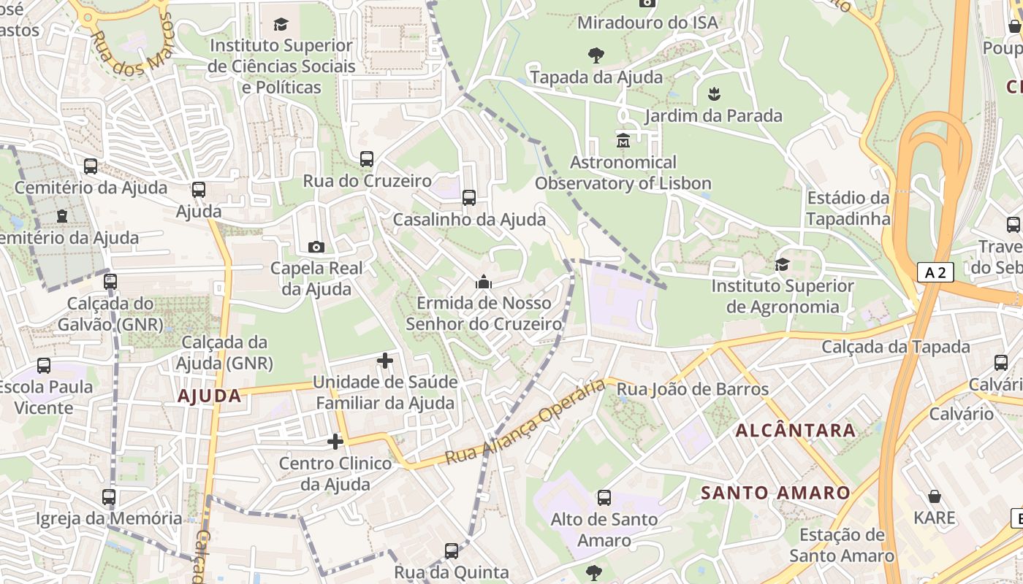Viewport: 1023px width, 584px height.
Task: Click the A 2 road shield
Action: pyautogui.click(x=935, y=273)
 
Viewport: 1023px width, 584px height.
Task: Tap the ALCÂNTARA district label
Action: pyautogui.click(x=795, y=430)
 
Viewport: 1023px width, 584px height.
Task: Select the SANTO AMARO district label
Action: pyautogui.click(x=775, y=493)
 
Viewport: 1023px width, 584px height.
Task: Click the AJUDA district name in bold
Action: pyautogui.click(x=209, y=396)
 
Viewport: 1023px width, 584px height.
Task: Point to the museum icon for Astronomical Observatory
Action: pyautogui.click(x=623, y=139)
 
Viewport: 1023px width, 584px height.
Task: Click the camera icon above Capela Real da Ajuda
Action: pyautogui.click(x=316, y=247)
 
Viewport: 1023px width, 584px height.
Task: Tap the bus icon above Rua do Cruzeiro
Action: pyautogui.click(x=367, y=158)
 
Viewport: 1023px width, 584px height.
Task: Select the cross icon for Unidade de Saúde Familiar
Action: pyautogui.click(x=385, y=360)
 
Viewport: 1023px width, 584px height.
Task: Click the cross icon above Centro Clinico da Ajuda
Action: pyautogui.click(x=335, y=441)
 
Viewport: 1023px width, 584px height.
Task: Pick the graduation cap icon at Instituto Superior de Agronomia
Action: pyautogui.click(x=783, y=264)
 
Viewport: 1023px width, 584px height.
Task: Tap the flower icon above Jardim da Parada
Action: pyautogui.click(x=713, y=93)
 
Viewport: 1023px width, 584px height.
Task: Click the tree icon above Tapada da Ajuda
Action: pyautogui.click(x=596, y=55)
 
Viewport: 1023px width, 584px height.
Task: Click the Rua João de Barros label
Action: pyautogui.click(x=693, y=389)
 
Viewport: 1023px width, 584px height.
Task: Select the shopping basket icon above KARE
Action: pyautogui.click(x=935, y=496)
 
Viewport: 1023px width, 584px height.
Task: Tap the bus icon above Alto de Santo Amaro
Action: pyautogui.click(x=604, y=498)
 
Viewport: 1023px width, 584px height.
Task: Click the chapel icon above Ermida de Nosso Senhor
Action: pyautogui.click(x=484, y=281)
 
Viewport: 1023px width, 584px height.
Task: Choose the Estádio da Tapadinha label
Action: pyautogui.click(x=848, y=208)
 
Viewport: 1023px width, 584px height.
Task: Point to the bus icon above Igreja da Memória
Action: pyautogui.click(x=109, y=497)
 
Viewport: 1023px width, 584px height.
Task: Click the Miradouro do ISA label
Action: pyautogui.click(x=647, y=23)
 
